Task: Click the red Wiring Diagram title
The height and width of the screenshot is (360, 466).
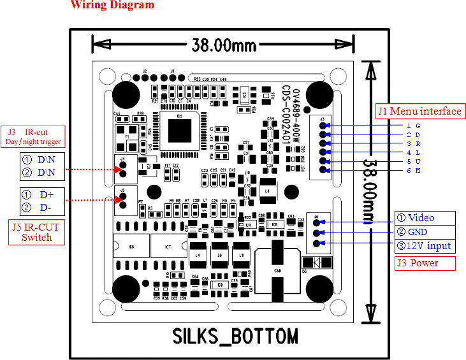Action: coord(112,5)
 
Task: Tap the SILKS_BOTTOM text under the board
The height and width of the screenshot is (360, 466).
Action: coord(235,336)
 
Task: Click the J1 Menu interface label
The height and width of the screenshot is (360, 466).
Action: coord(419,112)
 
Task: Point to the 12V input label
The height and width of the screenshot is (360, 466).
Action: coord(424,246)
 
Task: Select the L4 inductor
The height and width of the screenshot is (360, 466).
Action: coord(198,255)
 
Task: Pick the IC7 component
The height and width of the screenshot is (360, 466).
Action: coord(168,246)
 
